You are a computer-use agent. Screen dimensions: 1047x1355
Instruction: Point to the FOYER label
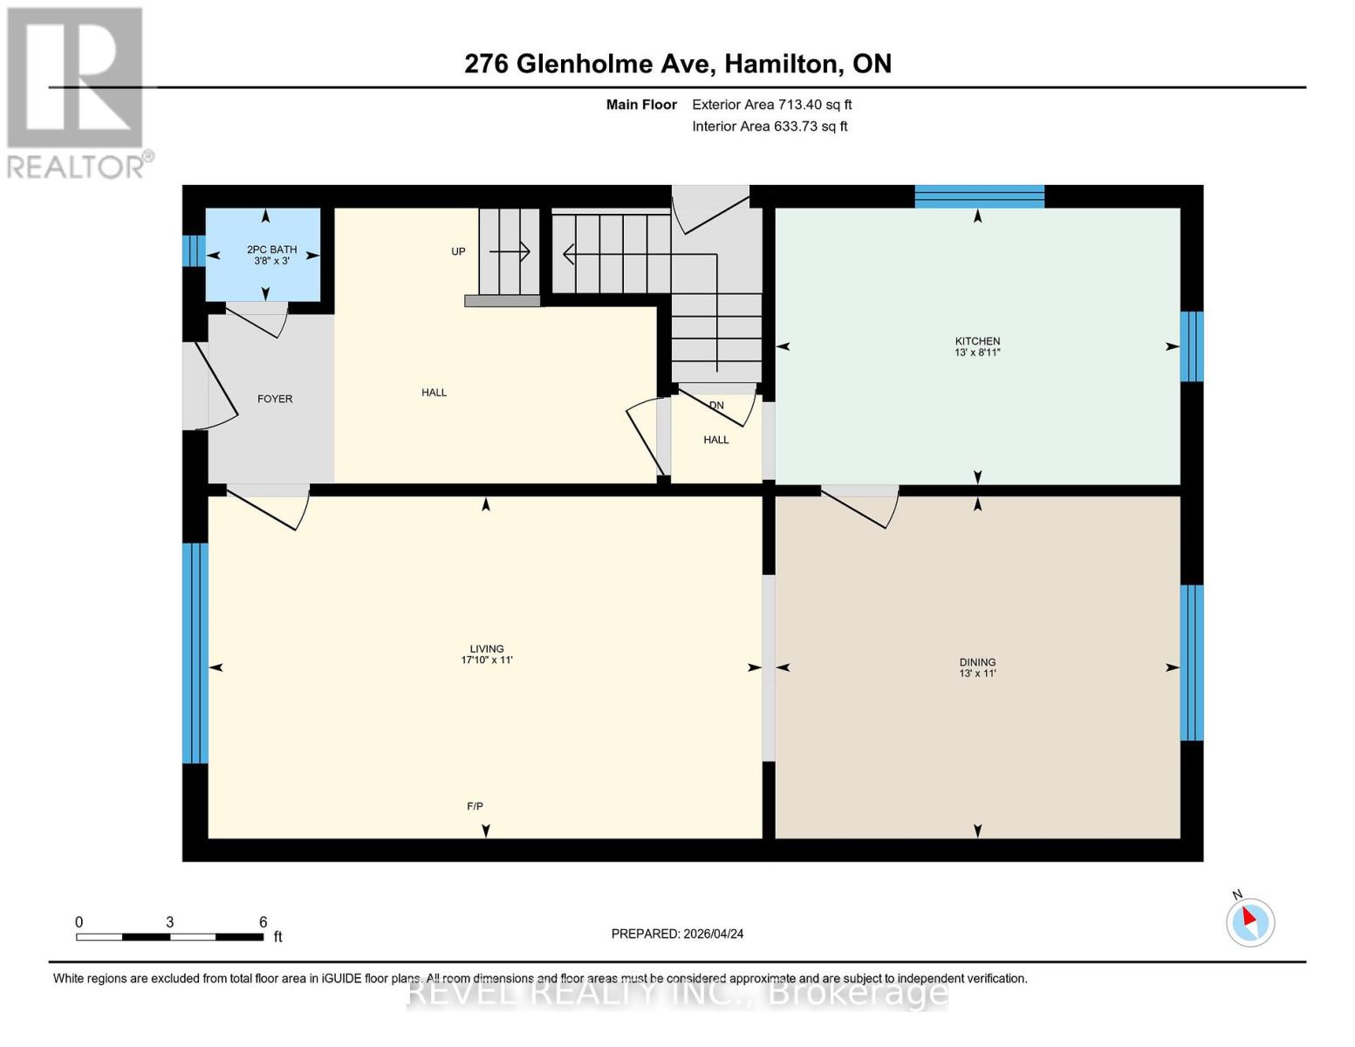point(275,399)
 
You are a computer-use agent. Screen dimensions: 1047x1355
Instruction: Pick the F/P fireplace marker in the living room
point(475,806)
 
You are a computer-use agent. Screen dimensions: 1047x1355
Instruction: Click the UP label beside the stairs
point(458,251)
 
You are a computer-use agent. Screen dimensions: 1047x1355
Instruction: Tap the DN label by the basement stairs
point(716,406)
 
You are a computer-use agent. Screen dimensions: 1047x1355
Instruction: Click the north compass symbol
point(1250,921)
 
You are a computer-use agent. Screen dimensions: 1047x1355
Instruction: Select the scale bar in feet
point(170,936)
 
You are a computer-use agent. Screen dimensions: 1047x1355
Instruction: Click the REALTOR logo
point(76,92)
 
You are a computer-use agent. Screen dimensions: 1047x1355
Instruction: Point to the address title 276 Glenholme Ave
point(677,64)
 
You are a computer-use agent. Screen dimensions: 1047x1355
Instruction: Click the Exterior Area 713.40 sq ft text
point(771,105)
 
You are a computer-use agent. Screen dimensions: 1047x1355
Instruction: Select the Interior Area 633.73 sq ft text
point(770,127)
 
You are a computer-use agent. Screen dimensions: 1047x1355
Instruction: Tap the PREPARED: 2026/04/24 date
point(677,934)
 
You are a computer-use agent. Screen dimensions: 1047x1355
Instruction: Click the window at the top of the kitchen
point(979,196)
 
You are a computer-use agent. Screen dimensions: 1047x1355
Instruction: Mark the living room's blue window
point(195,653)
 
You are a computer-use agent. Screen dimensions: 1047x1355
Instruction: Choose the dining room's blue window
point(1192,662)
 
